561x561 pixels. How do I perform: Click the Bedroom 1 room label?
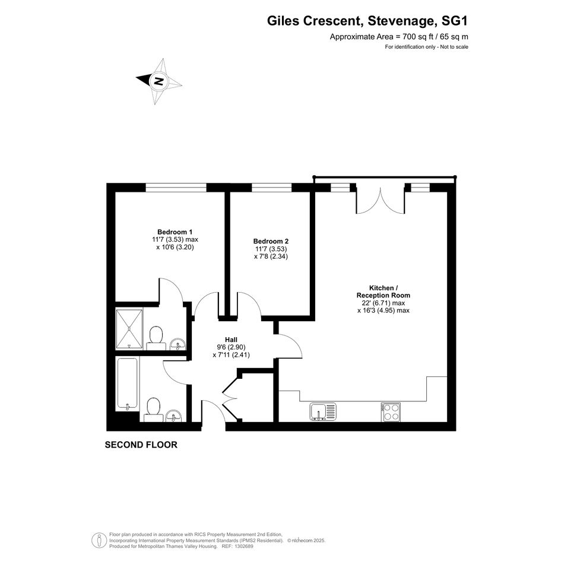coord(175,232)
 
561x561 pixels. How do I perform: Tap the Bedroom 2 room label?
coord(271,241)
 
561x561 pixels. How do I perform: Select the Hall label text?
coord(231,340)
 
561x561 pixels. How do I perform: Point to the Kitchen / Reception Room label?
coord(383,291)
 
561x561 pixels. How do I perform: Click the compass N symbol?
coord(159,81)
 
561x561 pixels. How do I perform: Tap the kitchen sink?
coord(323,411)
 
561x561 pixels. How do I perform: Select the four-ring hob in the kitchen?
coord(391,412)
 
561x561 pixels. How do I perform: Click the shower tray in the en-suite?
coord(129,329)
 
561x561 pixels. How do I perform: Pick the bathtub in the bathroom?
coord(128,384)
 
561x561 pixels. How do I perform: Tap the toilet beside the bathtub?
coord(154,409)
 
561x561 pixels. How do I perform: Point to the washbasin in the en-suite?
coord(178,344)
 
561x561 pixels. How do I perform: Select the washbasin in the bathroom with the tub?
coord(175,416)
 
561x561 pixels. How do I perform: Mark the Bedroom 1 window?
coord(176,187)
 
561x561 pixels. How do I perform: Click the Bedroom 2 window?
coord(271,187)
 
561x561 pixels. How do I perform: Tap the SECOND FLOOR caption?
coord(141,445)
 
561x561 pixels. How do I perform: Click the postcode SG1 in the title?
coord(455,21)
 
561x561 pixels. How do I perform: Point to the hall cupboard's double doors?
coord(230,397)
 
